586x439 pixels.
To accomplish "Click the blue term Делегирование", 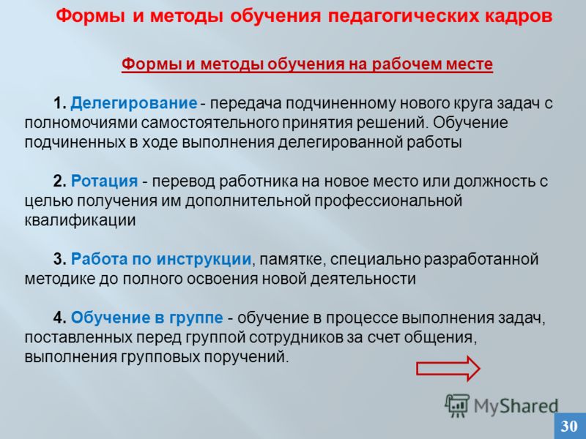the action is pos(134,104).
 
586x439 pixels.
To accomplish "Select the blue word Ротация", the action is pos(104,181).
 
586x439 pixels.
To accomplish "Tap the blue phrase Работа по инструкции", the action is pos(161,259).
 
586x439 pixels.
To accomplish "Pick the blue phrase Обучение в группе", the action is pos(147,318).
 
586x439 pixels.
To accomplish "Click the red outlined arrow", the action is pos(448,368).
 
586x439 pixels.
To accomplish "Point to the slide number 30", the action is pos(569,426).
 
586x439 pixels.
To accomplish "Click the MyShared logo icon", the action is pos(456,405).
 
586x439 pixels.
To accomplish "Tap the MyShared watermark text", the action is pos(516,406).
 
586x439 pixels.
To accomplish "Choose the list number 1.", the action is pos(60,103).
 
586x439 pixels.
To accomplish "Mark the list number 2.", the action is pos(60,181).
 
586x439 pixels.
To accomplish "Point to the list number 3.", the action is pos(60,259).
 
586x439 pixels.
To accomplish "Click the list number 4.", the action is pos(60,318).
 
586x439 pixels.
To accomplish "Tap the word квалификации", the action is pos(80,220).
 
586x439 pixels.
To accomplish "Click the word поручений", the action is pos(246,357).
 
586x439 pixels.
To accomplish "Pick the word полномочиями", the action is pos(81,123).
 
